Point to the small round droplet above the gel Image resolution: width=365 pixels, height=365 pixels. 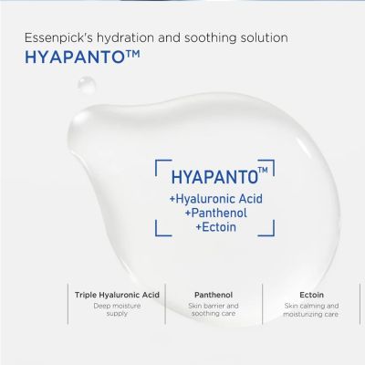click(87, 85)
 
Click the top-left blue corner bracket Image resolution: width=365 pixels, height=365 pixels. click(156, 163)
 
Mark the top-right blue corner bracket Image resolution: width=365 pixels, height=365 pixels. click(272, 163)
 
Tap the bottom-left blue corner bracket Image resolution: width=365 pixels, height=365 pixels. click(156, 235)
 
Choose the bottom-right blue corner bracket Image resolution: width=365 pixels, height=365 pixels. click(272, 235)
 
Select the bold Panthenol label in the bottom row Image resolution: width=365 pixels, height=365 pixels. click(214, 295)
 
